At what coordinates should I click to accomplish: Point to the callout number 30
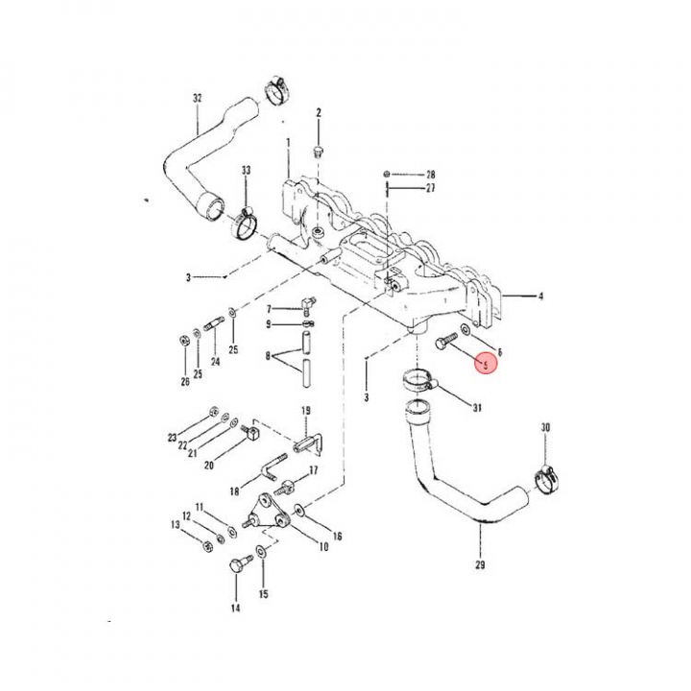pyautogui.click(x=546, y=427)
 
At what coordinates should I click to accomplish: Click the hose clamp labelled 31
pyautogui.click(x=419, y=379)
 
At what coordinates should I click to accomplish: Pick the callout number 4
pyautogui.click(x=540, y=297)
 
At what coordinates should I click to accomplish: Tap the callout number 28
pyautogui.click(x=431, y=174)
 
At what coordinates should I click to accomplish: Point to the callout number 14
pyautogui.click(x=235, y=608)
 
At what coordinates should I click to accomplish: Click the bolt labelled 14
pyautogui.click(x=235, y=568)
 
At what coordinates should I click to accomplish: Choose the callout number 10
pyautogui.click(x=323, y=547)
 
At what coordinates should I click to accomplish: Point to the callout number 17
pyautogui.click(x=312, y=471)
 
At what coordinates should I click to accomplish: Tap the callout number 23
pyautogui.click(x=173, y=438)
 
